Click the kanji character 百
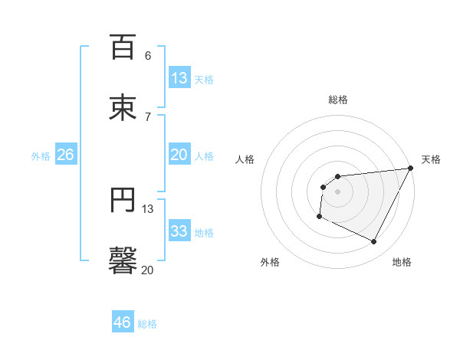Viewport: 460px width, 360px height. [123, 47]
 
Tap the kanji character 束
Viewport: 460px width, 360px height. [123, 107]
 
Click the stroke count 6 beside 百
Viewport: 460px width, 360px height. [148, 55]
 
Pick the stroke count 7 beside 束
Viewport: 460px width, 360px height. [148, 116]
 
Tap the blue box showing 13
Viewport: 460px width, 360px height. [179, 78]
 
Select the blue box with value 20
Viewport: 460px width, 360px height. [179, 155]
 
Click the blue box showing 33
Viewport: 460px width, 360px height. [179, 231]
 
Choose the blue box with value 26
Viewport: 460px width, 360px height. [65, 155]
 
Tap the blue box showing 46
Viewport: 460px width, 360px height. [123, 322]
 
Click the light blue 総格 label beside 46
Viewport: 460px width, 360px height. [147, 324]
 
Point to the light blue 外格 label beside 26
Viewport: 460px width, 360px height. [41, 156]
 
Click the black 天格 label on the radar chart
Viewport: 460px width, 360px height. [431, 159]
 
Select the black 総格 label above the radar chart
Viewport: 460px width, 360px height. [337, 100]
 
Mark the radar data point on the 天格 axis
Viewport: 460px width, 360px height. [410, 169]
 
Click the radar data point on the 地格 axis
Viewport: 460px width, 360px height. [374, 242]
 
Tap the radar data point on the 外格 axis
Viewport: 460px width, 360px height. [319, 217]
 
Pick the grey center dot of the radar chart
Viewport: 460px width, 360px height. [337, 191]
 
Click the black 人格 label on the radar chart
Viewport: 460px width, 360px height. [245, 159]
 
